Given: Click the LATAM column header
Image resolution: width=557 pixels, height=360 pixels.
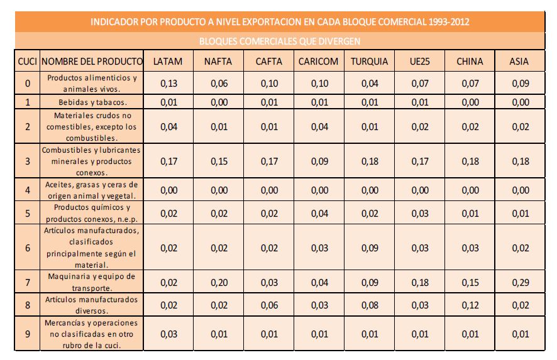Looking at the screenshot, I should tap(168, 62).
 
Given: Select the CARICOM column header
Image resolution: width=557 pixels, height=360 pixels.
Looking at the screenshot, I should tap(319, 62).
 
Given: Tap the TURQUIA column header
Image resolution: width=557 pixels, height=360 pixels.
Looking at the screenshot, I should tap(369, 62).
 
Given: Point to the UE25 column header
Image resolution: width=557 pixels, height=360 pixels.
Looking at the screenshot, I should tap(419, 62).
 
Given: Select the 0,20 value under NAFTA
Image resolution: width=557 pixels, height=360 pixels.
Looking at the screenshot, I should tap(218, 281).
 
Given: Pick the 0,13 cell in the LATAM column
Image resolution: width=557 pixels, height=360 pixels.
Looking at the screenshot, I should tap(168, 84).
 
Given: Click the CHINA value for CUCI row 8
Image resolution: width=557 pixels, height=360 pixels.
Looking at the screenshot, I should tap(470, 305).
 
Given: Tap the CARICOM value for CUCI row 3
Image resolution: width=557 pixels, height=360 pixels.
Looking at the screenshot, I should tap(319, 161).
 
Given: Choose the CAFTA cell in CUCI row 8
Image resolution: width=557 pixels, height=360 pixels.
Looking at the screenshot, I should tap(268, 305).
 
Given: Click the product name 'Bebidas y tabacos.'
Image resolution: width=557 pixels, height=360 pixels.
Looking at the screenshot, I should tap(92, 102).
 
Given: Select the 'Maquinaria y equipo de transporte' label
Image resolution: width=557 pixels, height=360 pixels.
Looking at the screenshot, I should tap(92, 281).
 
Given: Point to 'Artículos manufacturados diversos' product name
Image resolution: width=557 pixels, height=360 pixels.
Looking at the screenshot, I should tap(92, 305).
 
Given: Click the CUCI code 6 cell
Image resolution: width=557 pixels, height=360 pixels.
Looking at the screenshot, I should tap(27, 248).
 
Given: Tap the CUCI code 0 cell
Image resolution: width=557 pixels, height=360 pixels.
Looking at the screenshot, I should tap(27, 84).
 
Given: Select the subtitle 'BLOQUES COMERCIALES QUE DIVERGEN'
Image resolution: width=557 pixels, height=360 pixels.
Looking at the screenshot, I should tap(279, 41).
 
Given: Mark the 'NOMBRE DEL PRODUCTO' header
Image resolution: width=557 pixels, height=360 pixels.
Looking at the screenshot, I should tap(92, 62).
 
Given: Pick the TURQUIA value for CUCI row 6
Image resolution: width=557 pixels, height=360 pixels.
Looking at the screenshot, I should tap(369, 248).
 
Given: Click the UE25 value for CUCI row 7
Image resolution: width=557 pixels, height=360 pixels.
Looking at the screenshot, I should tap(419, 281).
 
